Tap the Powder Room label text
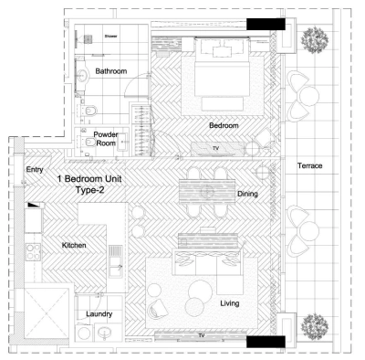[x=106, y=138]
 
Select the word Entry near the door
[x=35, y=169]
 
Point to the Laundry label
[x=99, y=314]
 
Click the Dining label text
[x=248, y=194]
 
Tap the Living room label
[x=229, y=302]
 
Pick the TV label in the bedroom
[x=215, y=146]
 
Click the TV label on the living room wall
[x=201, y=335]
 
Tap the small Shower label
[x=109, y=37]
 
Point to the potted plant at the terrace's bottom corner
[x=318, y=323]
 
